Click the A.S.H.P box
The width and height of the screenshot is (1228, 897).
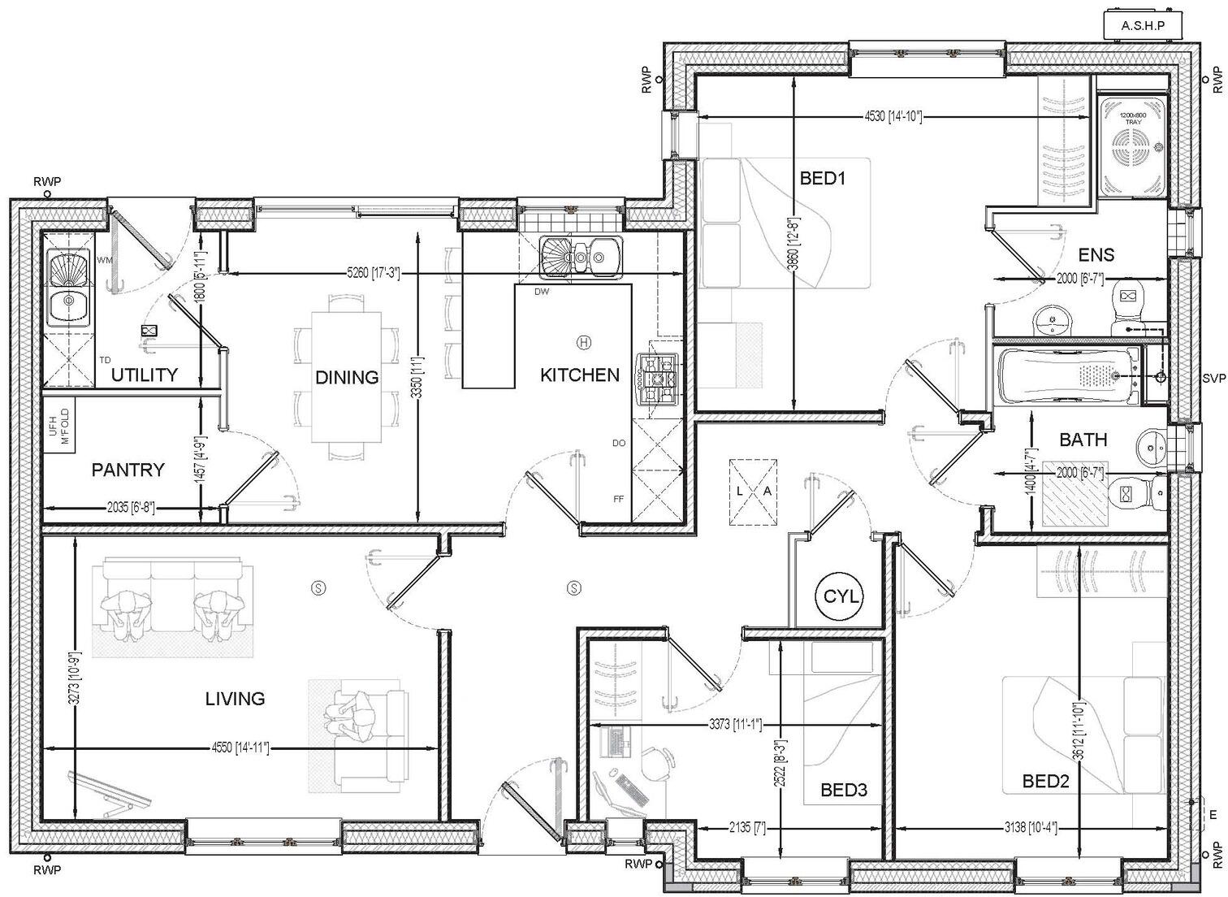click(x=1143, y=26)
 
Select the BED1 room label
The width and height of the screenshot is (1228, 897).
click(x=823, y=178)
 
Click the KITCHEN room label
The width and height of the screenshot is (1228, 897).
click(x=579, y=375)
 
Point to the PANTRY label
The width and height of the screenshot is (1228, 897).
click(x=128, y=470)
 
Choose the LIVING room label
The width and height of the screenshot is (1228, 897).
click(x=235, y=698)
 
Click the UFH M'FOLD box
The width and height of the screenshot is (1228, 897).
click(x=59, y=423)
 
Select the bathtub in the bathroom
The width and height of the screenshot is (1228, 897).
click(x=1064, y=375)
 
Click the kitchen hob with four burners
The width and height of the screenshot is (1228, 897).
click(x=658, y=379)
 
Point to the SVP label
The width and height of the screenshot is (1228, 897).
click(x=1214, y=379)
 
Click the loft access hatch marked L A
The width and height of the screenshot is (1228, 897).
click(x=753, y=492)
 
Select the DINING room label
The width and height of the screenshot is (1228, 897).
click(x=347, y=377)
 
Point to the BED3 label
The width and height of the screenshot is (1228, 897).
click(x=844, y=789)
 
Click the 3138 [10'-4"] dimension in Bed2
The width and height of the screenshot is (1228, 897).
click(x=1028, y=828)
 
